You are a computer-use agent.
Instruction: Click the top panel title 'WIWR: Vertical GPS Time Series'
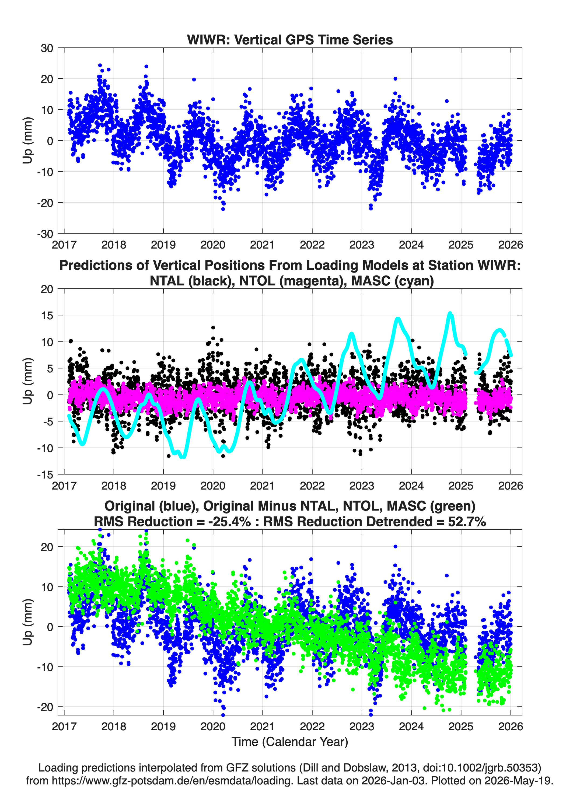point(290,40)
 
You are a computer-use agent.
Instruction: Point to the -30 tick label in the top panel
point(45,234)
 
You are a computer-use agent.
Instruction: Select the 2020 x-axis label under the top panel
point(213,245)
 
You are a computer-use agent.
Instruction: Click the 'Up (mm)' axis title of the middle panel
point(28,381)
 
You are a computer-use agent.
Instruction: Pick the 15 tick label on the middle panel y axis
point(47,315)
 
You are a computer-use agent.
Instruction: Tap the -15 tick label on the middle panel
point(45,474)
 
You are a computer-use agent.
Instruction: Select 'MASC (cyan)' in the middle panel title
point(392,281)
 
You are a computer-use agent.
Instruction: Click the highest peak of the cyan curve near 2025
point(450,313)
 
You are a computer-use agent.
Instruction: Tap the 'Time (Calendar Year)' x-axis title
point(290,741)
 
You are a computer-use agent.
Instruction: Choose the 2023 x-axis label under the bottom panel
point(362,726)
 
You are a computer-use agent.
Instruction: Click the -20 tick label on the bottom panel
point(45,707)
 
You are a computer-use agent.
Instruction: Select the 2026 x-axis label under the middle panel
point(510,486)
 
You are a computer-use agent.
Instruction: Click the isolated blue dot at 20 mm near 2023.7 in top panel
point(396,79)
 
